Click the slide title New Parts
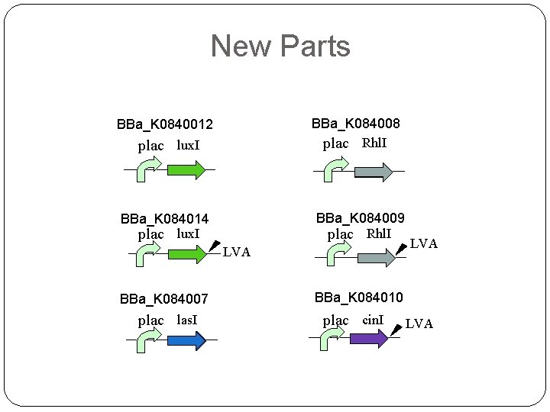(x=280, y=46)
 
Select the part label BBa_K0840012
(x=165, y=124)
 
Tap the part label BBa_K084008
(x=356, y=124)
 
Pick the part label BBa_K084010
(x=359, y=297)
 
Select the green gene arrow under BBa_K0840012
(x=186, y=169)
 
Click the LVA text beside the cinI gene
(x=419, y=324)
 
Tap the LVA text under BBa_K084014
(x=236, y=253)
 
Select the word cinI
(x=374, y=320)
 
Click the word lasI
(x=187, y=320)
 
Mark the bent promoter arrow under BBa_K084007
(x=147, y=343)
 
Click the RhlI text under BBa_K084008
(x=374, y=143)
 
